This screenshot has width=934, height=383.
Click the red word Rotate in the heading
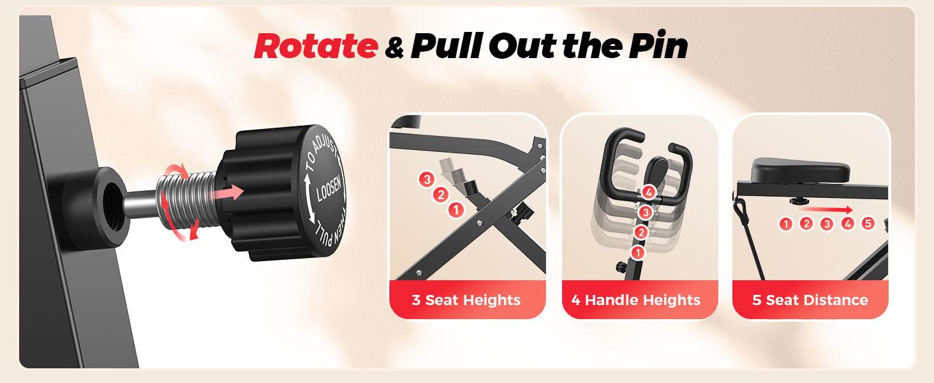coord(315,47)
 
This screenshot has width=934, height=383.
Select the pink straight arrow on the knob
coord(232,190)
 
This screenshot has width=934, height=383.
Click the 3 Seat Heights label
coord(466,300)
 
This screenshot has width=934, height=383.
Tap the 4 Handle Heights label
coord(637,300)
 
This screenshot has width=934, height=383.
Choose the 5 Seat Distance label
coord(810,300)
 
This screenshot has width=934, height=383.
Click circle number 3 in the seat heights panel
coord(427,180)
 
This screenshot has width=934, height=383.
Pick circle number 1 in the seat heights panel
coord(456,209)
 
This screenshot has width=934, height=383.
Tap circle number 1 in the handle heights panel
coord(637,253)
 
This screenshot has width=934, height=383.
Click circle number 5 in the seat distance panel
coord(868,223)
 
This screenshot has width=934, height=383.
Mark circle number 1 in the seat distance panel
coord(786,223)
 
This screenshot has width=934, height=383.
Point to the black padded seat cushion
coord(800,170)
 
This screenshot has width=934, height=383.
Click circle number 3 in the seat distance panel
coord(827,223)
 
